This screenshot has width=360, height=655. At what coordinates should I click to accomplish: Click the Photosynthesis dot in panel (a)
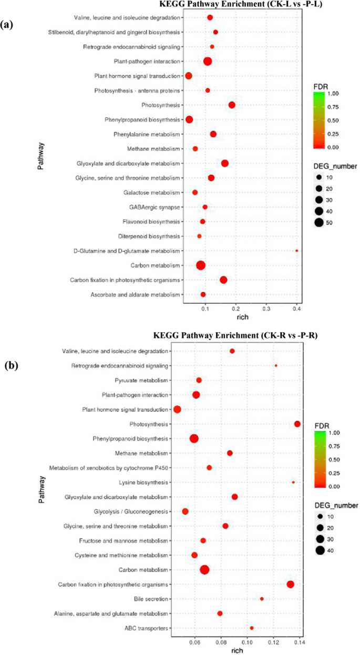point(232,105)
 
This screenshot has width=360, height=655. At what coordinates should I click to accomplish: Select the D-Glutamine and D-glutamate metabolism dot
point(297,251)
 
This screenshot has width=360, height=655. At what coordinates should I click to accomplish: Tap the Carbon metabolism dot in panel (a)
point(200,265)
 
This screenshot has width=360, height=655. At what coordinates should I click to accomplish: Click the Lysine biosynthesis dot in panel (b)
point(293,482)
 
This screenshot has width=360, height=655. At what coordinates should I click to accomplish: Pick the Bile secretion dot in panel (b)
point(262,599)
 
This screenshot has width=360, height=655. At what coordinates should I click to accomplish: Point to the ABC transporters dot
point(252,628)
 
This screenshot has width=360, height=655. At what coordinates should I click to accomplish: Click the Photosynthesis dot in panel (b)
point(297,424)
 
